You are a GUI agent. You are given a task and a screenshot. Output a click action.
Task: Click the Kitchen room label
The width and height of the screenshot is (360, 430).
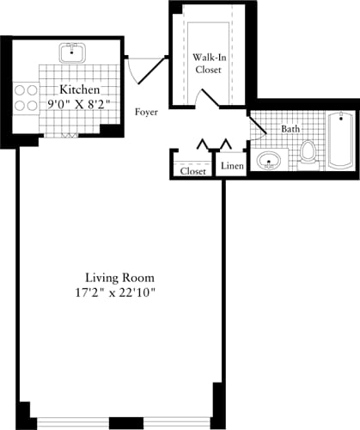point(79,89)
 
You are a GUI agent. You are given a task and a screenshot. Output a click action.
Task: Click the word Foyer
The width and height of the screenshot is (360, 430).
point(147,112)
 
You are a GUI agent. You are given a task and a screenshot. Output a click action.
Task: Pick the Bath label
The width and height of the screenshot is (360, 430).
point(290,130)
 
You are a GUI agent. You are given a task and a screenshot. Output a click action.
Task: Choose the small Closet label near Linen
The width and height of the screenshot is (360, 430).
point(192,171)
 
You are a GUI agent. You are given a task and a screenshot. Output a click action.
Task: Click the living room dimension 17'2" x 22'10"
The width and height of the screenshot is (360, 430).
point(119,293)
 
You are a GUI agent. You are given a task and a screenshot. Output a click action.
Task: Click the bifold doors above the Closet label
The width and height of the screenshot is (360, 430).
point(212,142)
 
